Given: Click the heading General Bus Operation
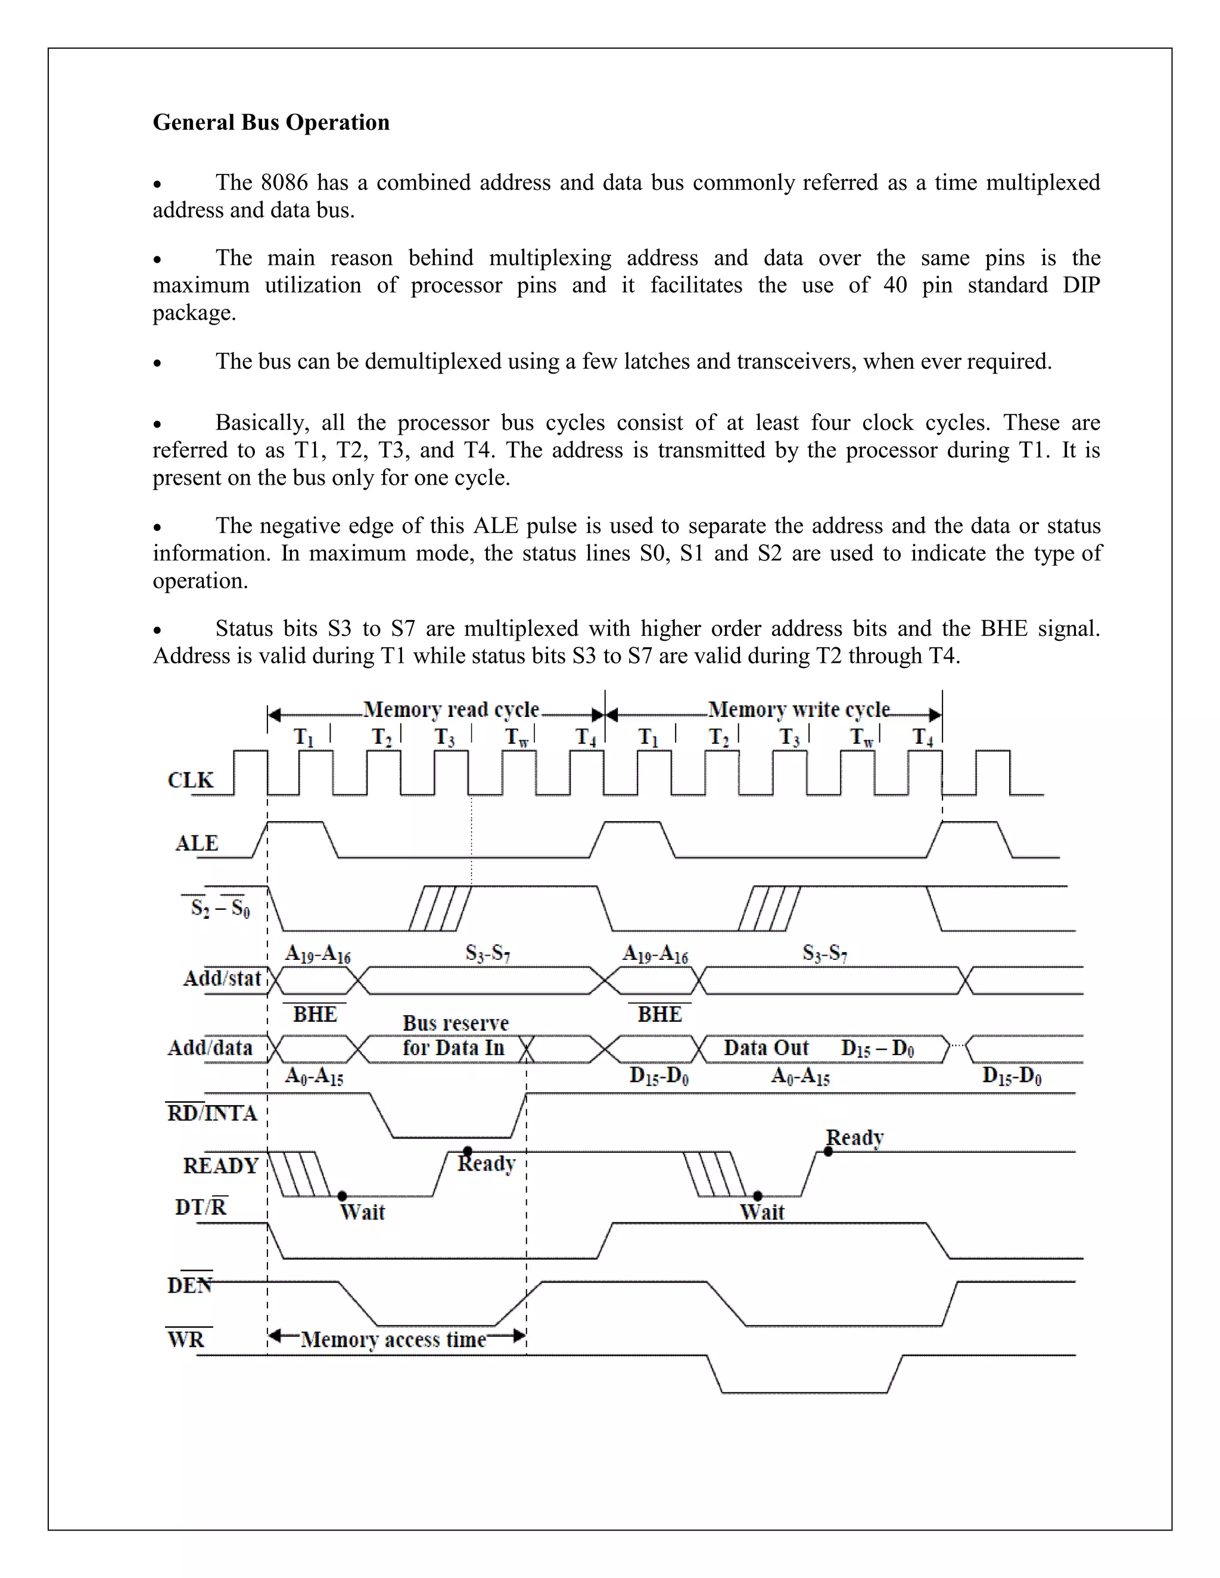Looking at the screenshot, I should pyautogui.click(x=271, y=122).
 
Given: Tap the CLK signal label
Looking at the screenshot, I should pyautogui.click(x=191, y=780).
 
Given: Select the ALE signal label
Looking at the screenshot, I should pyautogui.click(x=197, y=843).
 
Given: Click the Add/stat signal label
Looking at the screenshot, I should pyautogui.click(x=222, y=978).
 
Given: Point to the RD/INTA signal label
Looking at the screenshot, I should pyautogui.click(x=211, y=1114).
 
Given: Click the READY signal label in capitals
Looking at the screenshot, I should pyautogui.click(x=220, y=1166).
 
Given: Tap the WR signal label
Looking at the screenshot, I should pyautogui.click(x=186, y=1340).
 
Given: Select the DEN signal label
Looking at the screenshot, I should pyautogui.click(x=189, y=1286).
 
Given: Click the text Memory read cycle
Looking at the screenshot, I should pyautogui.click(x=451, y=710).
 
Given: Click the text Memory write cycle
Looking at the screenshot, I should pyautogui.click(x=799, y=710).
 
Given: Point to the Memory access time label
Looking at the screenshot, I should pyautogui.click(x=394, y=1340).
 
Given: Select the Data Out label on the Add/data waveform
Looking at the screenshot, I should pyautogui.click(x=766, y=1047).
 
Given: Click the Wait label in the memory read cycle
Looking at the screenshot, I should pyautogui.click(x=362, y=1212).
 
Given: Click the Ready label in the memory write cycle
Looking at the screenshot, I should pyautogui.click(x=855, y=1137).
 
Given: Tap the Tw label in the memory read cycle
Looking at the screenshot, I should pyautogui.click(x=518, y=737).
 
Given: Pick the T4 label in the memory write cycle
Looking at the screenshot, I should pyautogui.click(x=923, y=737).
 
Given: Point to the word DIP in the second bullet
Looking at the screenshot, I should pyautogui.click(x=1081, y=285).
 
